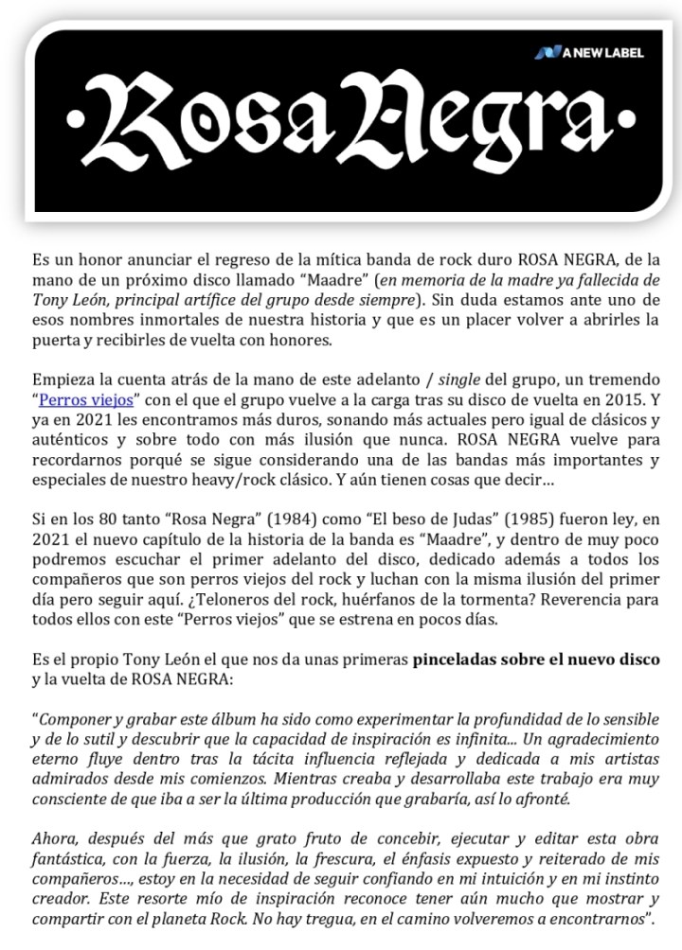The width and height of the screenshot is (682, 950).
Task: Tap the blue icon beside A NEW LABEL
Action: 547,53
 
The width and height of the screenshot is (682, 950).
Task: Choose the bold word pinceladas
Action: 453,659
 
